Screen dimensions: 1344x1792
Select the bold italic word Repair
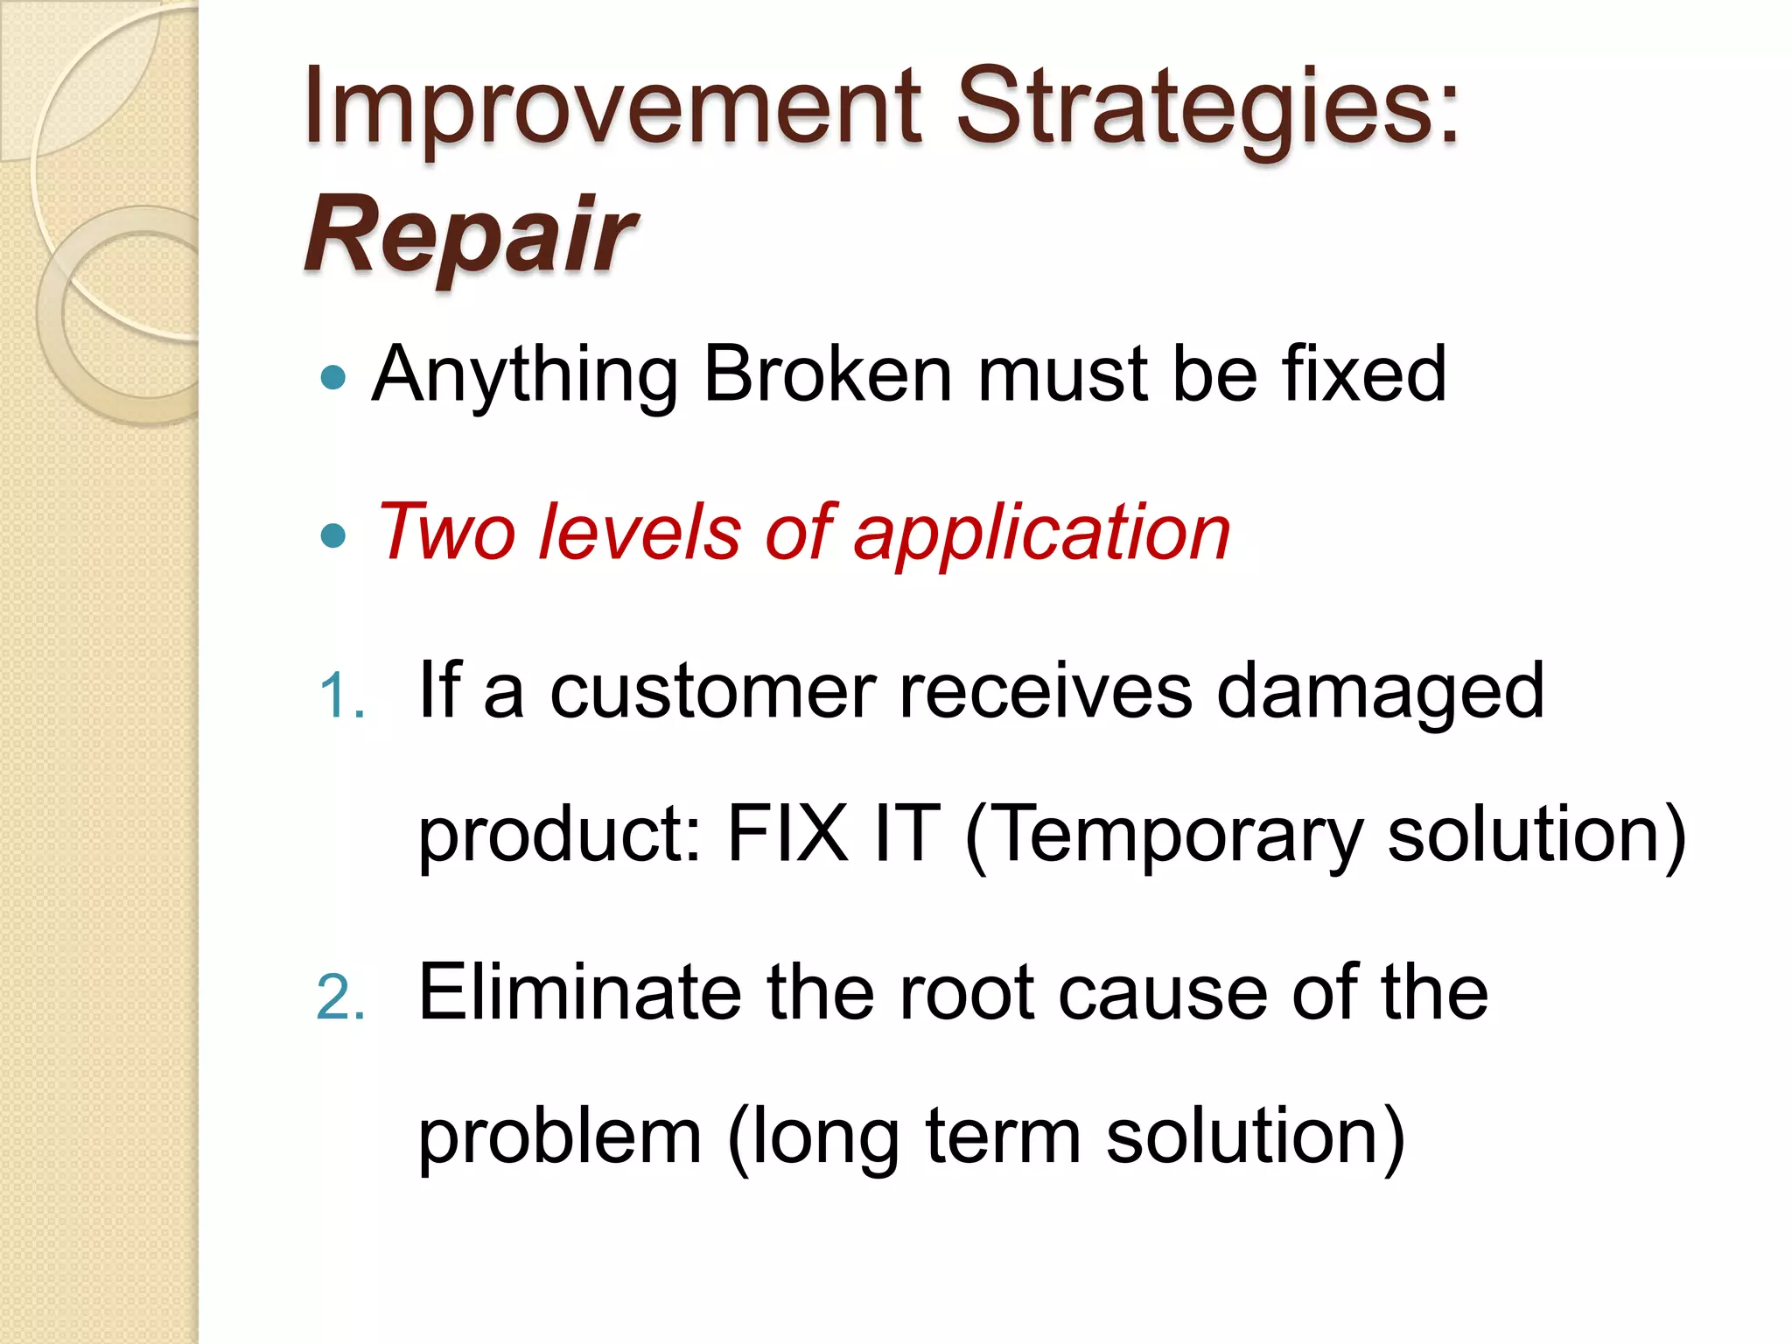pos(471,234)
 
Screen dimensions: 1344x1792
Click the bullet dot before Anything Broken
pos(333,378)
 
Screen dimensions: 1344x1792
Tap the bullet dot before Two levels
pos(333,535)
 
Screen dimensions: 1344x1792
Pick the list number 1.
pos(340,696)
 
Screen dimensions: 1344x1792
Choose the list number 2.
pos(340,997)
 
